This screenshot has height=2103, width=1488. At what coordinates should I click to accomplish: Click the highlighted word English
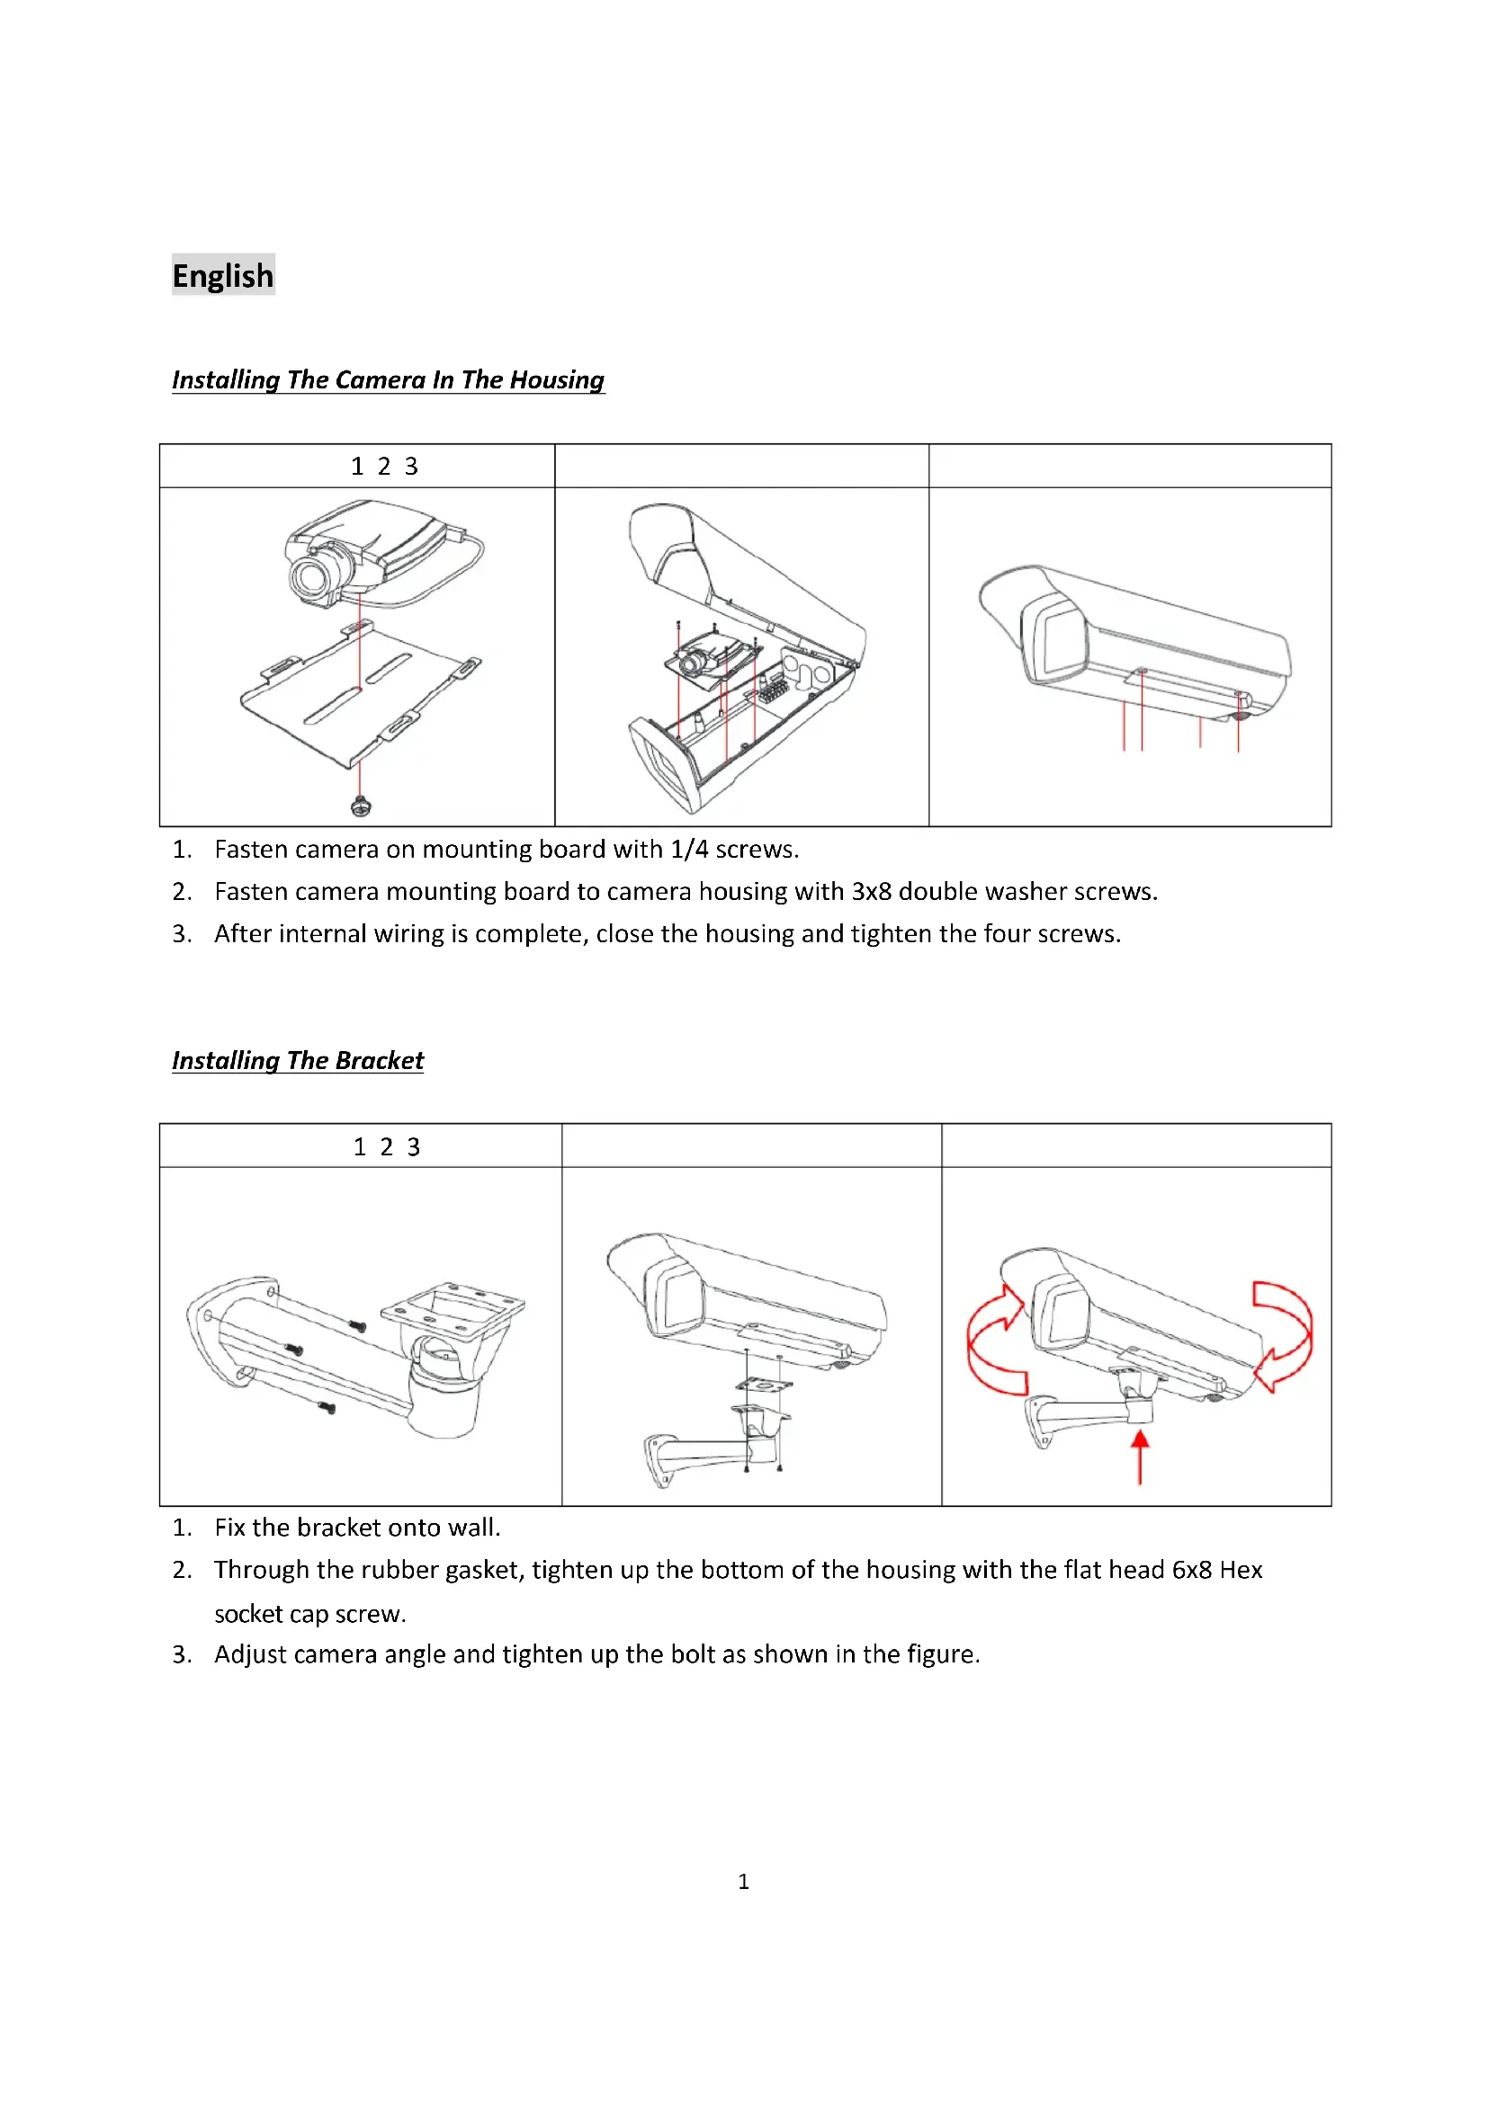point(222,276)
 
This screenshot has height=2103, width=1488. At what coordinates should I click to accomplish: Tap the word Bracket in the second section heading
point(380,1061)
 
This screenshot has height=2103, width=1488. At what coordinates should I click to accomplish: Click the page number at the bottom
point(743,1881)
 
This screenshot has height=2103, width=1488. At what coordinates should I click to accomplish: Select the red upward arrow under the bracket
point(1140,1457)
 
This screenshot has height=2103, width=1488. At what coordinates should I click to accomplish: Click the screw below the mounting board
point(362,806)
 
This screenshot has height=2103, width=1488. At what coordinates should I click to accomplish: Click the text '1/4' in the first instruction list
point(689,850)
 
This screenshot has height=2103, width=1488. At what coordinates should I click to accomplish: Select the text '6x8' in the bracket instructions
point(1192,1570)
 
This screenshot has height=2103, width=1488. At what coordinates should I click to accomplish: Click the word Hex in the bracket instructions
point(1241,1570)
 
